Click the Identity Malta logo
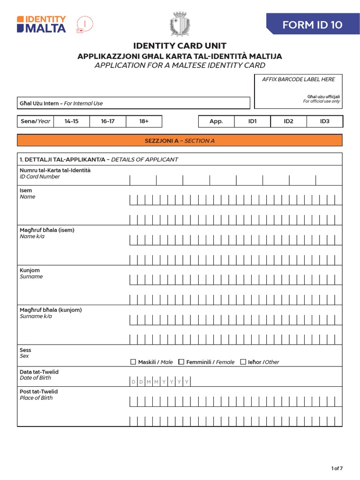(x=41, y=24)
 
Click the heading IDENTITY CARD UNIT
(x=180, y=46)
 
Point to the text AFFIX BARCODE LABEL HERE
(x=298, y=80)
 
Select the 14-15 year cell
(x=71, y=121)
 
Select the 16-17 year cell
(x=108, y=121)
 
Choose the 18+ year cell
(x=144, y=121)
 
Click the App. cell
(x=216, y=121)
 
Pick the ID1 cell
(x=253, y=121)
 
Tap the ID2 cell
(x=288, y=121)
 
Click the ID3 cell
(x=325, y=121)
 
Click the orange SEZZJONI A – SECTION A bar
(x=180, y=141)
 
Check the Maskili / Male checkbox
(x=133, y=362)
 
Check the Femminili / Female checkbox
(x=181, y=362)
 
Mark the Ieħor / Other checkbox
(x=243, y=362)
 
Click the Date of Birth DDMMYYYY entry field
(x=160, y=382)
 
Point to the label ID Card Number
(x=40, y=177)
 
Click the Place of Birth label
(x=36, y=398)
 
